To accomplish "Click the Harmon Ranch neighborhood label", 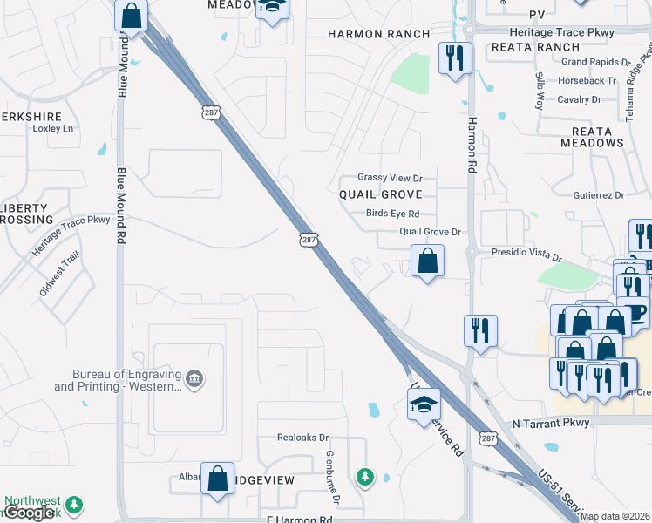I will point(378,34).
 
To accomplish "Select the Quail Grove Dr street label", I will point(429,232).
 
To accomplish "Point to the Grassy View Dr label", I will point(390,177).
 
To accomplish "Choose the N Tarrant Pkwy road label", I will point(551,423).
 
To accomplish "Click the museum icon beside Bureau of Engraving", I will point(195,377).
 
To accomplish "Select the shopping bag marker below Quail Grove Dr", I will point(427,261).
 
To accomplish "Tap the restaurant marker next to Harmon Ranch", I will point(454,58).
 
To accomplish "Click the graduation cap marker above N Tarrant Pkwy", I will point(424,404).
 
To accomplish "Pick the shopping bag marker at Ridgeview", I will point(217,478).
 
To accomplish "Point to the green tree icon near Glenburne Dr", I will point(365,476).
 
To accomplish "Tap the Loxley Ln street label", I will point(52,128).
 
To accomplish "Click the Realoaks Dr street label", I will point(302,438).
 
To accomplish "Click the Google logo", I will point(30,513).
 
